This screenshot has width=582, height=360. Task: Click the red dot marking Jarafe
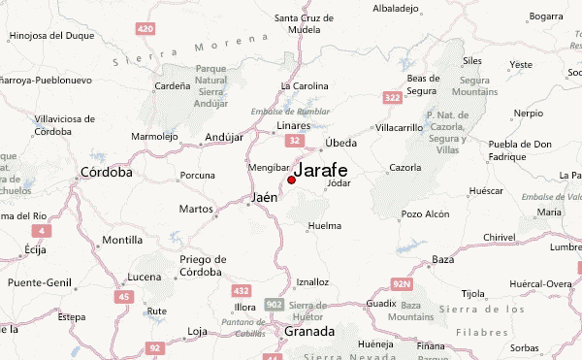tap(291, 180)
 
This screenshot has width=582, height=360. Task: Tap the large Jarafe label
tap(321, 170)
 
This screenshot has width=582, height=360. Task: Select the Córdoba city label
tap(108, 173)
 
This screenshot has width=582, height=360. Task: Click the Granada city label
tap(309, 332)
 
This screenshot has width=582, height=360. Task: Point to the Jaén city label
tap(264, 197)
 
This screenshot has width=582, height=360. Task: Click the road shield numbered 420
tap(145, 29)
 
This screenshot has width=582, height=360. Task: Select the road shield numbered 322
tap(393, 98)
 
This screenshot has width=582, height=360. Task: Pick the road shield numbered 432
tap(241, 290)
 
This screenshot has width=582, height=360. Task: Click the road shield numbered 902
tap(275, 304)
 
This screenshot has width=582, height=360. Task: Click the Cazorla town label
tap(404, 168)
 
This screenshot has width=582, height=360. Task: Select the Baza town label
tap(443, 259)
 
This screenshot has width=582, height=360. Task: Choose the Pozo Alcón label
tap(425, 213)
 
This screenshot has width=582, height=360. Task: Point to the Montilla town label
tap(122, 240)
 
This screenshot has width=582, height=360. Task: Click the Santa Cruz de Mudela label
tap(304, 23)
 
